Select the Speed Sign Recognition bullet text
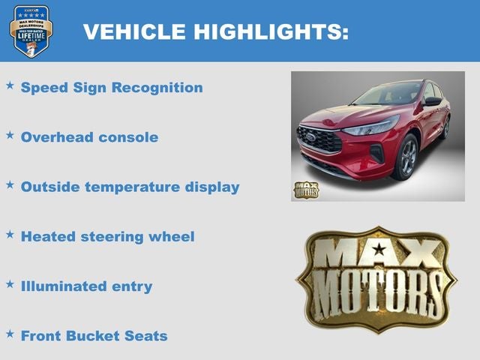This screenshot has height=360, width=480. coord(112,88)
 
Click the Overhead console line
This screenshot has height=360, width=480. coord(89,137)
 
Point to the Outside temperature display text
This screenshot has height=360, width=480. coord(130,187)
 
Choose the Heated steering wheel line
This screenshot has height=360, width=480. coord(107,236)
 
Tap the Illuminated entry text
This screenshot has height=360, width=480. coord(86,286)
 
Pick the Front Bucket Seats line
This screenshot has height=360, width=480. coord(94,335)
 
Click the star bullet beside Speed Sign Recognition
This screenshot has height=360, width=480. coord(10,85)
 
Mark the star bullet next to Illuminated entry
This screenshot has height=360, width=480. coord(10,283)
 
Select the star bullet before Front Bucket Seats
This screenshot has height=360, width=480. coord(10,333)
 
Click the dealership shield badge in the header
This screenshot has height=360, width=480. coord(31,31)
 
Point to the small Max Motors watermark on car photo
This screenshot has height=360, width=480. coord(305,190)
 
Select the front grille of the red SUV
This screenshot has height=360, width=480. coord(319,139)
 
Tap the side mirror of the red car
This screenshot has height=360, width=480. coord(433,101)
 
